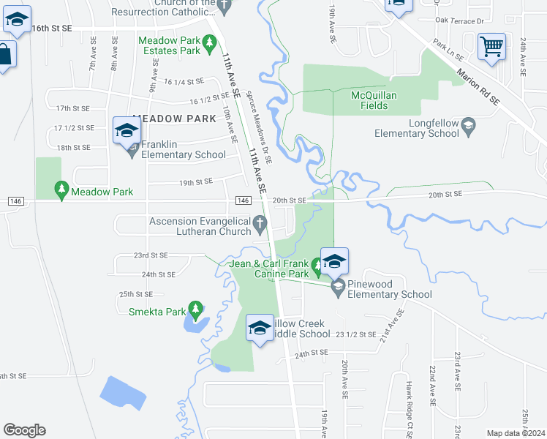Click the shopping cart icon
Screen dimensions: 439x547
tap(492, 48)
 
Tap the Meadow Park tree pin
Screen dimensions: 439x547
tap(63, 191)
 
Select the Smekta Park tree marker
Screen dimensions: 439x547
tap(195, 309)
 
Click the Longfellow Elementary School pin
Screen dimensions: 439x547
tap(469, 127)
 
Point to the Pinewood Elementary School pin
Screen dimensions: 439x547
tap(338, 287)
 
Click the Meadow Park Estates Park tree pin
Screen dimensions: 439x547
tap(210, 44)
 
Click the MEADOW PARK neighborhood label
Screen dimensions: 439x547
tap(175, 119)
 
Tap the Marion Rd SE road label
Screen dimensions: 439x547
tap(480, 86)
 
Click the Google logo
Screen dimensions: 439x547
tap(24, 429)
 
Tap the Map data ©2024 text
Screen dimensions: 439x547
tap(516, 433)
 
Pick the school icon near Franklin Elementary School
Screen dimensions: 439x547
tap(127, 132)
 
